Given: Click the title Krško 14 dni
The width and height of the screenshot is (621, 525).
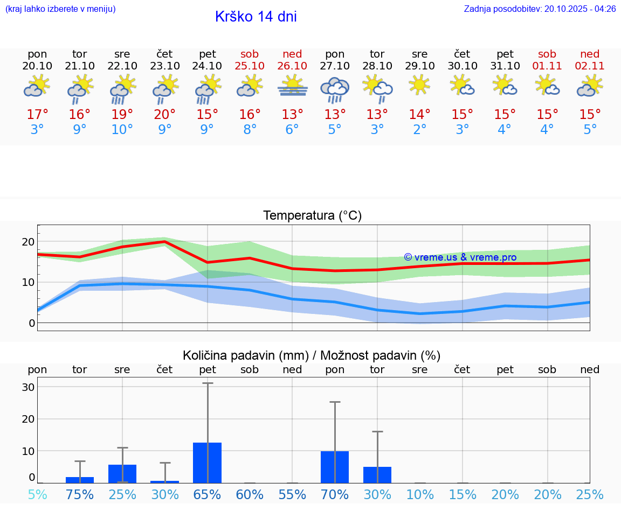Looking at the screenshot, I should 256,17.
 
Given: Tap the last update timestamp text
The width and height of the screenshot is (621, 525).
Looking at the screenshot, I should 540,9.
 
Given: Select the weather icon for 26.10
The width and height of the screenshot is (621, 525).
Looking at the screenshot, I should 292,86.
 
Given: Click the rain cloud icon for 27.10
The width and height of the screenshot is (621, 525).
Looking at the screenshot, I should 335,89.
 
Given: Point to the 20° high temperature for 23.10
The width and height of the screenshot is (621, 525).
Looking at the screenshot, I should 164,115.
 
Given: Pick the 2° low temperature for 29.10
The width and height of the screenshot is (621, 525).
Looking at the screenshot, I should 419,130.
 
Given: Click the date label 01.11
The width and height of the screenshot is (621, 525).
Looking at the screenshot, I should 547,66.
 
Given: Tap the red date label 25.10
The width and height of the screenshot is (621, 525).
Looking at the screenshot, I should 250,66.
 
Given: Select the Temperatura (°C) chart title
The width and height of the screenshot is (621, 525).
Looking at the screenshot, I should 312,216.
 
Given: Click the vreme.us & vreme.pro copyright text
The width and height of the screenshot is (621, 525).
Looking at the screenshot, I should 460,257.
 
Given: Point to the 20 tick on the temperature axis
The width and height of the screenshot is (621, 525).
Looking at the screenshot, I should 28,242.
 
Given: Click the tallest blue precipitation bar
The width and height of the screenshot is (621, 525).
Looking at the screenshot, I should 208,463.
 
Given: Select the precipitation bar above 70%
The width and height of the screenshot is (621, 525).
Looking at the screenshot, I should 335,467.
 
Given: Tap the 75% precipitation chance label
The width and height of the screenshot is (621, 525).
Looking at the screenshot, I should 80,494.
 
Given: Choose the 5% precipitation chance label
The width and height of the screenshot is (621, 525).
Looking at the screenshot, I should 37,494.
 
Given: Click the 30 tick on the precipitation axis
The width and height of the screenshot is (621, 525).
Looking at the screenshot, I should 28,387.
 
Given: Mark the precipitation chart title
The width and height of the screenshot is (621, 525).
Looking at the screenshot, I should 312,355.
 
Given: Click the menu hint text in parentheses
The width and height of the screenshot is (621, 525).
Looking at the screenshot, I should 60,9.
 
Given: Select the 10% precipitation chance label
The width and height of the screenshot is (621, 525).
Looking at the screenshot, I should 419,494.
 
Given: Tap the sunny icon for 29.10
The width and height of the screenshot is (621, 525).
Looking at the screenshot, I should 419,85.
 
